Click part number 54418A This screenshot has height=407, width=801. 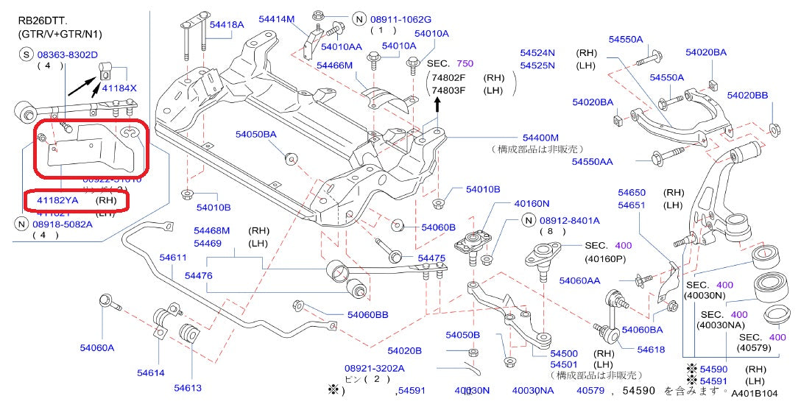(227, 24)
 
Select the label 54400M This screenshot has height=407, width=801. (540, 138)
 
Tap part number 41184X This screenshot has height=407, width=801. (119, 88)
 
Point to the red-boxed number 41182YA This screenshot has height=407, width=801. (57, 199)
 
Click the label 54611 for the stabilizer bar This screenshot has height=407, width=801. (173, 257)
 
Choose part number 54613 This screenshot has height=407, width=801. (188, 388)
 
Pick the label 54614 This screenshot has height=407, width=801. (150, 373)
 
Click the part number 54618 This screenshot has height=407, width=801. (651, 350)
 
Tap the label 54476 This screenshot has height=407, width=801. (198, 275)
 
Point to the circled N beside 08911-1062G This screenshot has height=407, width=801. (359, 19)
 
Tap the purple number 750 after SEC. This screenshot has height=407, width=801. (465, 64)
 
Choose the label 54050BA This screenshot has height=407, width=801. (256, 135)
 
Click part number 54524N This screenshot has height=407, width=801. (537, 53)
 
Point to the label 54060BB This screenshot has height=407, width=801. (368, 315)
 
